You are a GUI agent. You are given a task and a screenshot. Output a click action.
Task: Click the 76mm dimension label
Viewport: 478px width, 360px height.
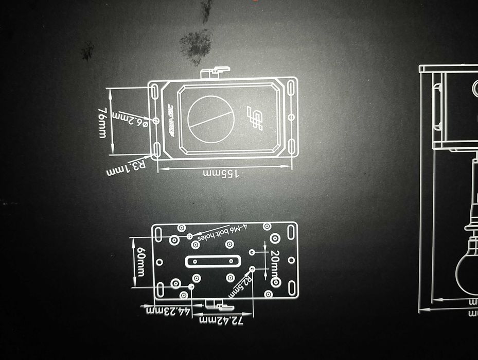point(102,122)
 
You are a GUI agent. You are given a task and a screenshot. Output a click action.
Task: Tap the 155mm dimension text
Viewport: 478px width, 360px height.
point(222,174)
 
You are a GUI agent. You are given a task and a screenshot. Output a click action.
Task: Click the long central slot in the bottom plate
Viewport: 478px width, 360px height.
point(213,262)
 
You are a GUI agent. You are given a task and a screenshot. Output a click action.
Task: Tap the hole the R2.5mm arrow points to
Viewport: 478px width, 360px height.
point(253,269)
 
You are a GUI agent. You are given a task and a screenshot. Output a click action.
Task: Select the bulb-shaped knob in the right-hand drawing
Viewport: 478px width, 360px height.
point(468,268)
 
